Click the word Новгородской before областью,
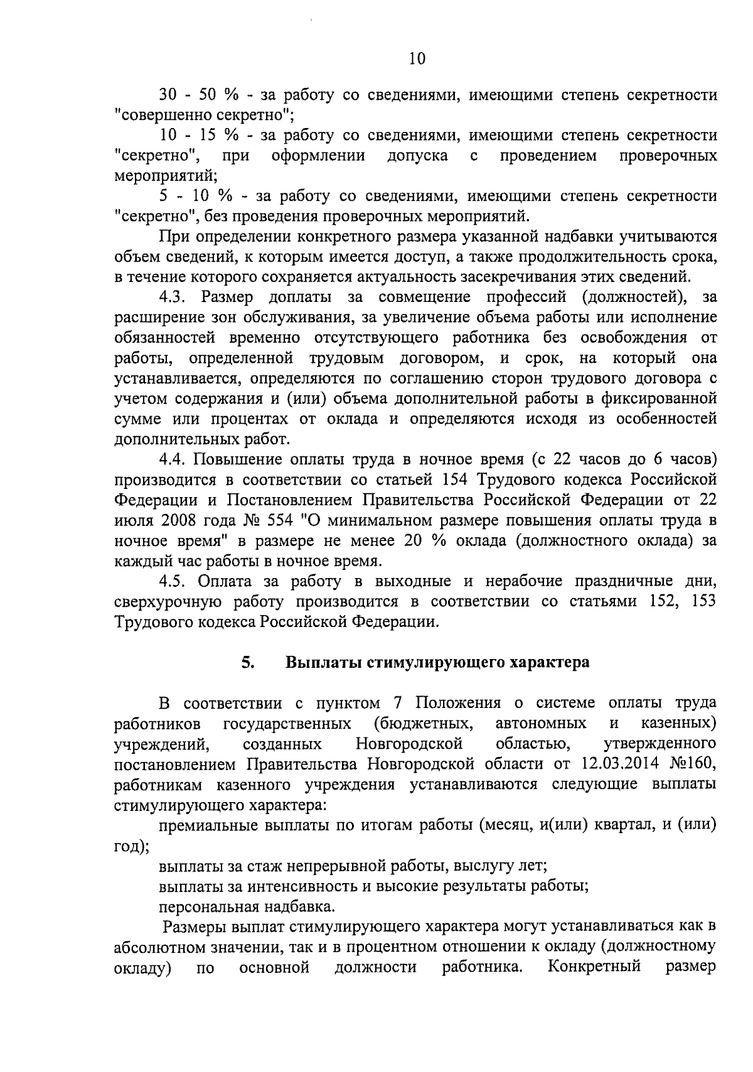[x=409, y=744]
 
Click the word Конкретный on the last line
[x=594, y=967]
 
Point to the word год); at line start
[x=131, y=846]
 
